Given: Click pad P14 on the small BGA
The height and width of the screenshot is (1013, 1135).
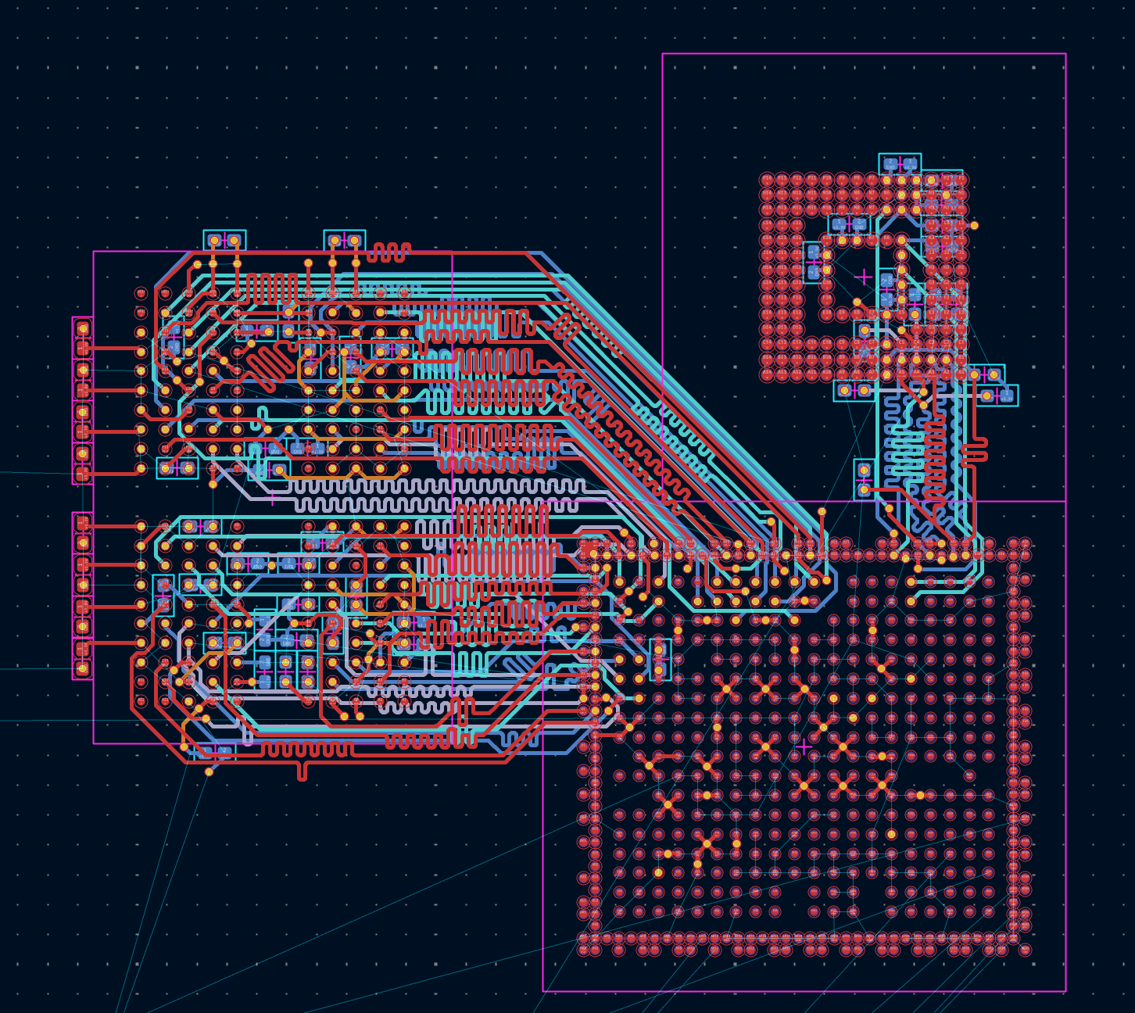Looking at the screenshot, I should pos(961,375).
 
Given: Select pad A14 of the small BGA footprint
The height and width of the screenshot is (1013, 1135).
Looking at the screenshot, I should pos(961,180).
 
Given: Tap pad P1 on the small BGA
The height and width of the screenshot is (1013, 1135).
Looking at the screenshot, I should pos(768,375).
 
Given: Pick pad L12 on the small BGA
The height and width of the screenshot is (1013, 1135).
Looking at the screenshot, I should pos(931,331).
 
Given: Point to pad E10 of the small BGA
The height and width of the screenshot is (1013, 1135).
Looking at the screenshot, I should pos(901,239).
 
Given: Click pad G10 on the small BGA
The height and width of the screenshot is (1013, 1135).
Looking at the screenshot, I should pos(901,270).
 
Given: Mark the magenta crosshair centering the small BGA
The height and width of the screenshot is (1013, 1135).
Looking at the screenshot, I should pos(864,277).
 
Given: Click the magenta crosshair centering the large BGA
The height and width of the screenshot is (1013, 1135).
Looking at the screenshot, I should pos(804,746).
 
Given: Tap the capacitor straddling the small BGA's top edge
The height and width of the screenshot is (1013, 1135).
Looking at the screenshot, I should pos(900,163).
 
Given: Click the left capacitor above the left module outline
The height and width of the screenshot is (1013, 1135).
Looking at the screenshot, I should pos(224,240).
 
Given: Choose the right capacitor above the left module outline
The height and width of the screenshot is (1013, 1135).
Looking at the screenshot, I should pos(345,240).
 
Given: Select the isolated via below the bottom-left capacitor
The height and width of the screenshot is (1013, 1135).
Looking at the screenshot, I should pos(209,772).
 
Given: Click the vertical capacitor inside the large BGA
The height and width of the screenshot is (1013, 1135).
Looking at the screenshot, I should pos(660,659).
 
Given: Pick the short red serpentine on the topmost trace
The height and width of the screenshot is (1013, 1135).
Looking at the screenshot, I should pos(388,252).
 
